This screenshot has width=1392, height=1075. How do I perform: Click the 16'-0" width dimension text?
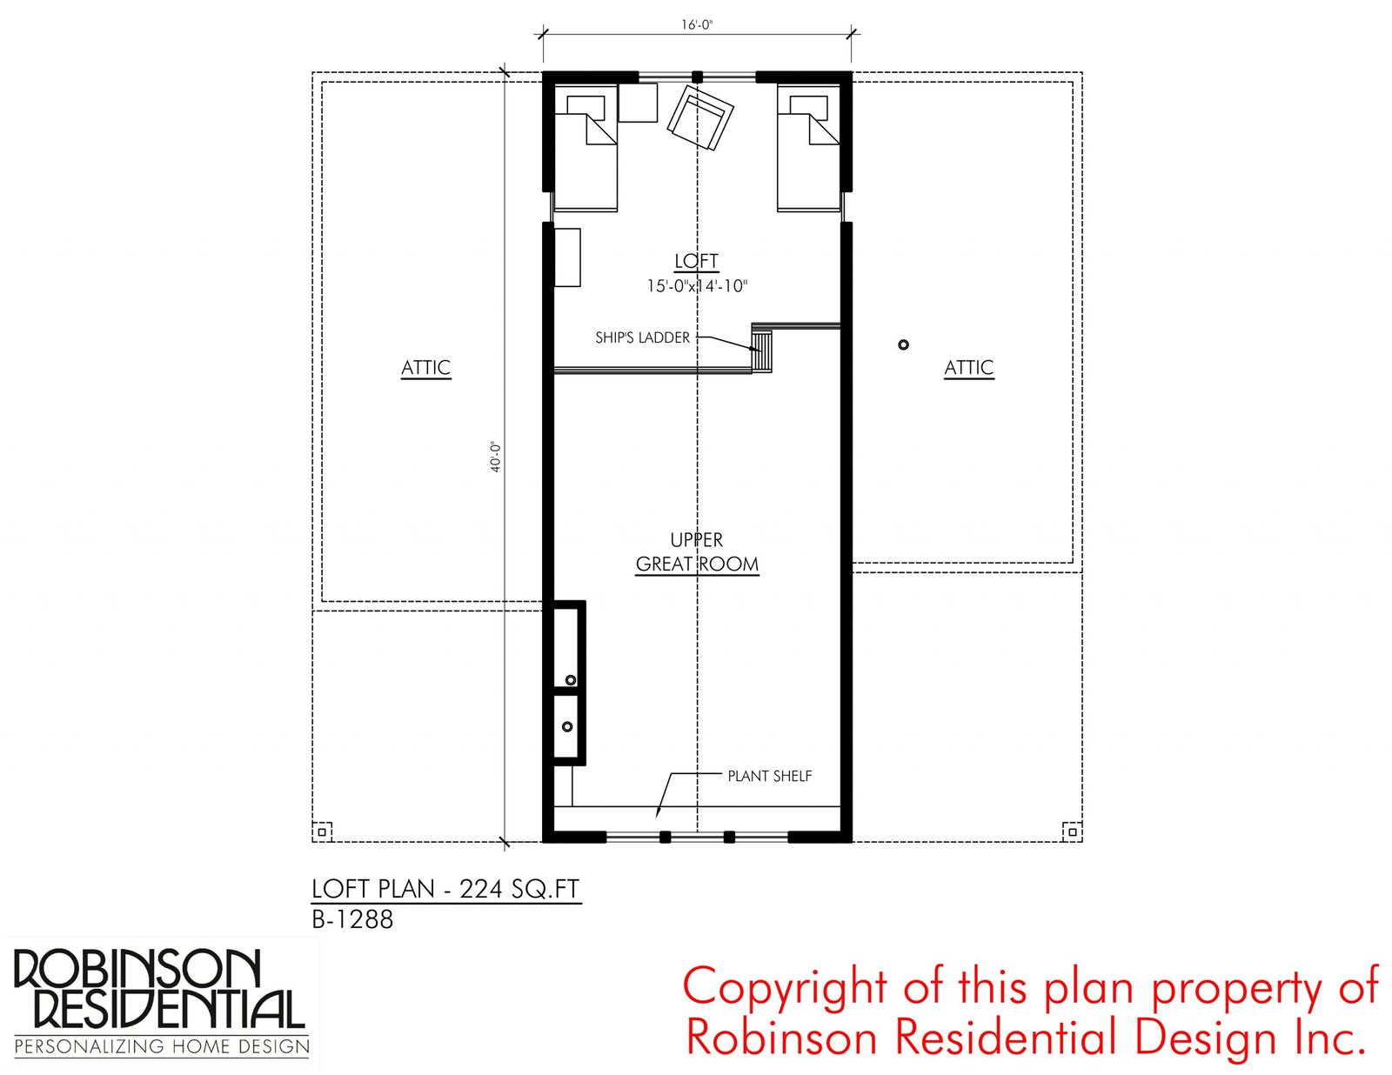coord(697,25)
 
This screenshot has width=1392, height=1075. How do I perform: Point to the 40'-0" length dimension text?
coord(495,457)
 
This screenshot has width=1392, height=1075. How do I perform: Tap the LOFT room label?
coord(696,261)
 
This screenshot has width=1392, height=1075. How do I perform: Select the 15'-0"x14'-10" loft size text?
coord(697,286)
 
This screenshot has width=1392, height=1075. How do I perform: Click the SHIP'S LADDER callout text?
coord(643,337)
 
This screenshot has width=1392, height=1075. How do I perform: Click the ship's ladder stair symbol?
coord(762,351)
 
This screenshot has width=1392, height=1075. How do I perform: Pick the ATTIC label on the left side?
coord(426,368)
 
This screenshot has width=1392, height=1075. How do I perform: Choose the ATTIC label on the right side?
coord(968,368)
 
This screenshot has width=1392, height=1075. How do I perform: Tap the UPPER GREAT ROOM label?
coord(697,552)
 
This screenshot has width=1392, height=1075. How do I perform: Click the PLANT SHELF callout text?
coord(769,776)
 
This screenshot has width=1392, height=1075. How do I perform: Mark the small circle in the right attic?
coord(903,345)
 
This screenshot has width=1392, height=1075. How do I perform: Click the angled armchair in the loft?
coord(700,117)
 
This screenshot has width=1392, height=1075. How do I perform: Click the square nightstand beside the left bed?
coord(638,103)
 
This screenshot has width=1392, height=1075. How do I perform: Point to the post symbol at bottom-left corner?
coord(322,831)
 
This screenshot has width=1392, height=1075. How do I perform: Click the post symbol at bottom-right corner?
coord(1073,831)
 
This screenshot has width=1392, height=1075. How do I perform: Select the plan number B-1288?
coord(352,920)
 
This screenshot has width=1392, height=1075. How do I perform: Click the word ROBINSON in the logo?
coord(137,970)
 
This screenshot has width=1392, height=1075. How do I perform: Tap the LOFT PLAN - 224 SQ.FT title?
coord(445,889)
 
